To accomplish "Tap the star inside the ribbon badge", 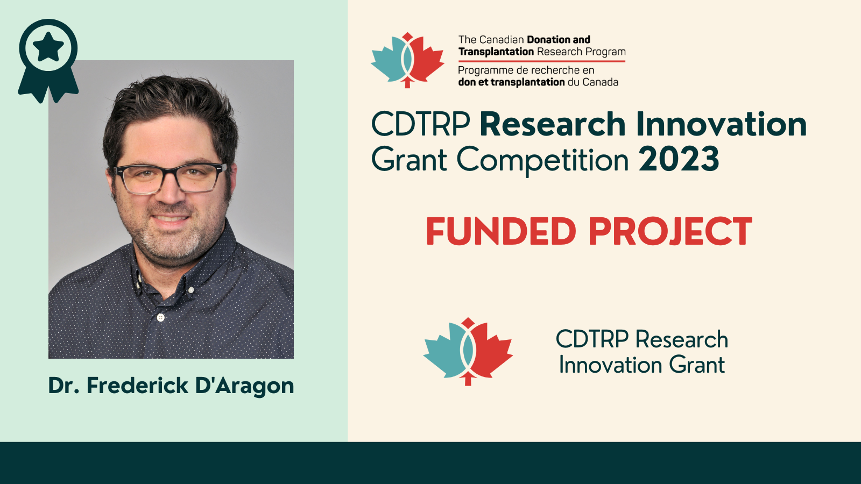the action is click(48, 47).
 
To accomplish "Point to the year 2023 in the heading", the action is click(679, 159).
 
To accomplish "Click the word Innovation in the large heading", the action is click(721, 124).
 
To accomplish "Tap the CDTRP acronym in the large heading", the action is click(421, 124).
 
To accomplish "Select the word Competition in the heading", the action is click(542, 160).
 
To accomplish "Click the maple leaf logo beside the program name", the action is click(407, 60).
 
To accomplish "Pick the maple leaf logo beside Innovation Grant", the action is click(468, 352).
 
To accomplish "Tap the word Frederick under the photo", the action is click(137, 385).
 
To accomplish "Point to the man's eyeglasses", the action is click(171, 178).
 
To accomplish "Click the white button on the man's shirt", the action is click(161, 318).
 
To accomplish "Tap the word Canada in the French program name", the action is click(601, 82).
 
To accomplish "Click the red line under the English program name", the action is click(542, 61).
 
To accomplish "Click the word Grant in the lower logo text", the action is click(697, 365).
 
